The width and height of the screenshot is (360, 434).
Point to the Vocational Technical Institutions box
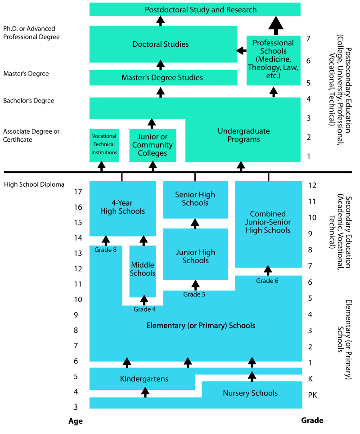click(104, 145)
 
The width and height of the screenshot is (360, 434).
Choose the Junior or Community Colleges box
click(153, 145)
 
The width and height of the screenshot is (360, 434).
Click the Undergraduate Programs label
click(243, 135)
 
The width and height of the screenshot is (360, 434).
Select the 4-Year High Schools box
click(122, 207)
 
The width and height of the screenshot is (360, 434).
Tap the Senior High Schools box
click(195, 199)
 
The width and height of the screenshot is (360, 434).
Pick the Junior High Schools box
click(195, 256)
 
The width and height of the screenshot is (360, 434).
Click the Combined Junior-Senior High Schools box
click(268, 222)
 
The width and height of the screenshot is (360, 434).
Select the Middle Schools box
click(143, 269)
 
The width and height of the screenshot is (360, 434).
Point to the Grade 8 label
click(106, 250)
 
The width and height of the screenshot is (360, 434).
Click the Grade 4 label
click(144, 309)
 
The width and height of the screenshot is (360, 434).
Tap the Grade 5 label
click(194, 295)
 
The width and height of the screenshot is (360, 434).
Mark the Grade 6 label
click(267, 281)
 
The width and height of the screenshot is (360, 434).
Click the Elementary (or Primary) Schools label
click(201, 326)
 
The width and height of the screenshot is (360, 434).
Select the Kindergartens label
click(144, 379)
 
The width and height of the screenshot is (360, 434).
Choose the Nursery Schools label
click(250, 394)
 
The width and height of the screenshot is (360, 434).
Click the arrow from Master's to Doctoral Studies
click(161, 63)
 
